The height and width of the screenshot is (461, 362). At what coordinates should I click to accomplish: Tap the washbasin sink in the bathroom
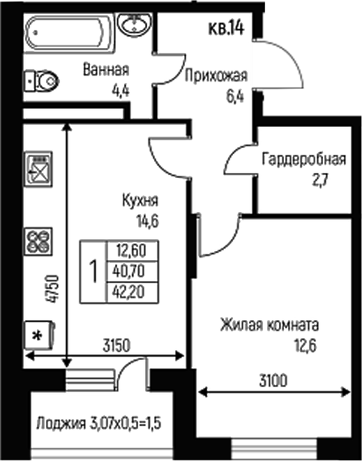tap(133, 25)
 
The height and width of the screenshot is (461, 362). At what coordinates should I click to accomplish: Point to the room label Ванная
tap(106, 70)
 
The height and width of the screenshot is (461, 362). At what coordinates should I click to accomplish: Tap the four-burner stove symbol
tap(39, 241)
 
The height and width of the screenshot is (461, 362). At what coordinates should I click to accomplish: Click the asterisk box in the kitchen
tap(39, 334)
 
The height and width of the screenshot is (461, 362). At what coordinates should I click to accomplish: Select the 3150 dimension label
tap(119, 344)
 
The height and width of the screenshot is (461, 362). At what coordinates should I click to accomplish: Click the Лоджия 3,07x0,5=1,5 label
tap(99, 423)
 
